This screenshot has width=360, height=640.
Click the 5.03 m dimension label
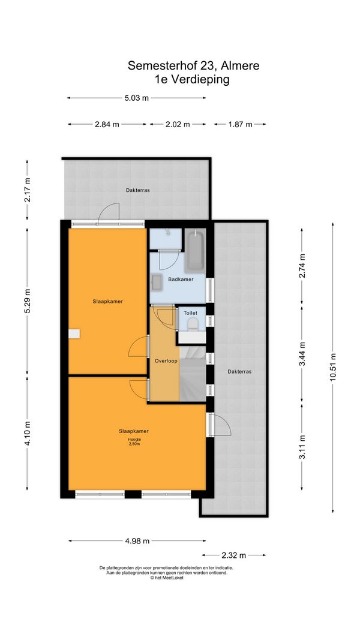tap(136, 98)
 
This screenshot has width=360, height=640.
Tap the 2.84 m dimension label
tap(107, 124)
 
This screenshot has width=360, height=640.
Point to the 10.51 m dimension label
tap(333, 367)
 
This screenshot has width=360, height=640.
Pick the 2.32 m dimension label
tap(233, 555)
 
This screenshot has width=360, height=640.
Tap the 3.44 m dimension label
tap(302, 355)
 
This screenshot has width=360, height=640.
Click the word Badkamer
tap(181, 280)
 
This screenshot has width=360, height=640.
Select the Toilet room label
tap(191, 313)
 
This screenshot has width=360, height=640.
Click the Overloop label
tap(166, 361)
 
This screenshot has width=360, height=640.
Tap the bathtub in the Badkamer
tap(194, 251)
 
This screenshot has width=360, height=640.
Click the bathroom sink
tap(157, 282)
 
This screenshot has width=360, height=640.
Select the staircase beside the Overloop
tap(193, 373)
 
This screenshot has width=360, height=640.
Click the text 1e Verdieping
tap(192, 79)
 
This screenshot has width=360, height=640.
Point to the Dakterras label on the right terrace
tap(239, 372)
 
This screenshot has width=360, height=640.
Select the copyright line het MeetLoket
tap(167, 578)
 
